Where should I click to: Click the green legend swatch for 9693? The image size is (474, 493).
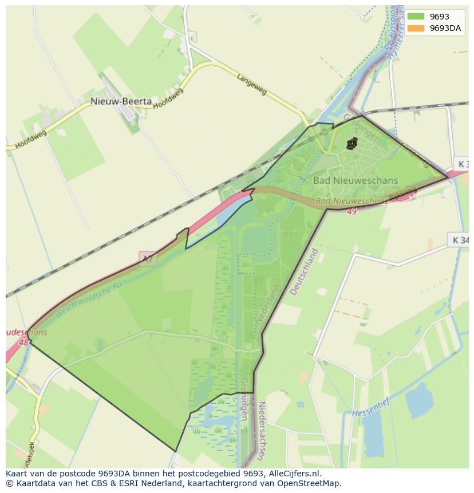tap(416, 17)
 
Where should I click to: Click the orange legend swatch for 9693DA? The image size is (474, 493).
tap(416, 28)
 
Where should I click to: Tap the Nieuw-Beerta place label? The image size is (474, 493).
tap(121, 101)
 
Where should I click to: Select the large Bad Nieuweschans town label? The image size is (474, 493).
tap(355, 180)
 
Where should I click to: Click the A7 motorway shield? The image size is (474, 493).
tap(148, 259)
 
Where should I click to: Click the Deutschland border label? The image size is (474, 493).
tap(303, 271)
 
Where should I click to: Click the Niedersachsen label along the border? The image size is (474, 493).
tap(262, 431)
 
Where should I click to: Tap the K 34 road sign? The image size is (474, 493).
tap(460, 240)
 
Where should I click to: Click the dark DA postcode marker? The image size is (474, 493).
tap(351, 144)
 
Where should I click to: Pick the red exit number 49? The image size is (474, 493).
tap(351, 211)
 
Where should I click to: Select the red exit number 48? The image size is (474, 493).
tap(23, 342)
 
